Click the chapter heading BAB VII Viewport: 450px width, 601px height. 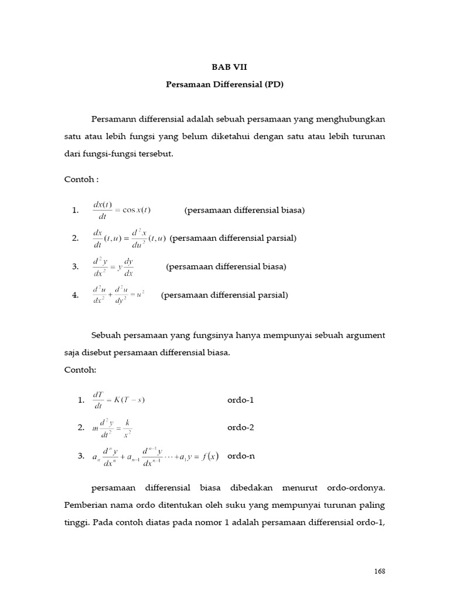pos(224,67)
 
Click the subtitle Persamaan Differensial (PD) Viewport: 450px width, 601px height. pos(224,85)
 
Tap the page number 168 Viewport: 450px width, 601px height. pos(380,571)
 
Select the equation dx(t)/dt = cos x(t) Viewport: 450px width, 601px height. pos(121,210)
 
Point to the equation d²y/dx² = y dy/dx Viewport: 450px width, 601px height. pos(113,266)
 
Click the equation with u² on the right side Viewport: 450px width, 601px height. pos(118,295)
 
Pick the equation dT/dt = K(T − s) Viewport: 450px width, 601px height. pos(119,400)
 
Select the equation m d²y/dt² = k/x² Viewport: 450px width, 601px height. pos(112,428)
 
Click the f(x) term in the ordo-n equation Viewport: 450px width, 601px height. pos(208,456)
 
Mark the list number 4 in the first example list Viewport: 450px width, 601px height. pos(76,295)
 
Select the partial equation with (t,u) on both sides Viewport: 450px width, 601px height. pos(129,238)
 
